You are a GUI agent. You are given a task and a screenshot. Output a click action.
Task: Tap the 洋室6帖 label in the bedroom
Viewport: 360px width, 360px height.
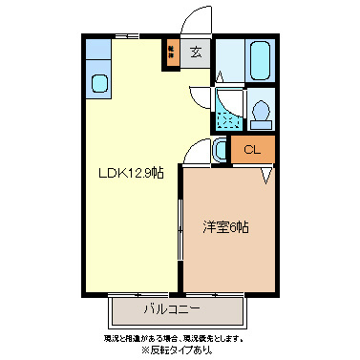[225, 227]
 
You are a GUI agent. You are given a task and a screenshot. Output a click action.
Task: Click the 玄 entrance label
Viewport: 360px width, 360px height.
[195, 53]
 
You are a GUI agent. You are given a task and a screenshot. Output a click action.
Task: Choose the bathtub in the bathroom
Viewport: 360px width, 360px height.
[260, 62]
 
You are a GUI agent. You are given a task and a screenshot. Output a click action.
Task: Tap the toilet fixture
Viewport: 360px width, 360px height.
[261, 113]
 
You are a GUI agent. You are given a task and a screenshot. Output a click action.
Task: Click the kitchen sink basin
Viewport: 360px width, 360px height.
[100, 83]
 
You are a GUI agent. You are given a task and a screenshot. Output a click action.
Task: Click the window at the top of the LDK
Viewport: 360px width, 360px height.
[126, 37]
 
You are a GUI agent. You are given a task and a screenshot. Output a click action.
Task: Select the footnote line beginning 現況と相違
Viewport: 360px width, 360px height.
[174, 338]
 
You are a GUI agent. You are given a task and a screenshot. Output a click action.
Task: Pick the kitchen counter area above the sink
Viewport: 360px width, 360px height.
[99, 53]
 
